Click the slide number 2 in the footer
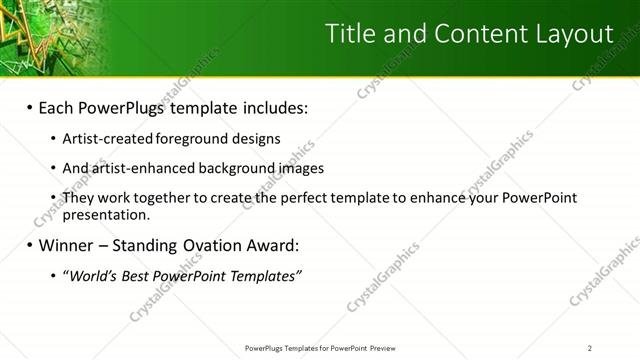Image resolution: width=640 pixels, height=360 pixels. [589, 348]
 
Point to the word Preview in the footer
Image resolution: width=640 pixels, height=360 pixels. [385, 348]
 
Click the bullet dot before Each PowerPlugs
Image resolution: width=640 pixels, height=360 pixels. [30, 107]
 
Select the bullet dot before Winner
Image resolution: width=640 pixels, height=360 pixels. [30, 245]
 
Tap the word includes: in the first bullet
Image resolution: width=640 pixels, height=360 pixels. [271, 107]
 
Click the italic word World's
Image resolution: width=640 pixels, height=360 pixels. [91, 275]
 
